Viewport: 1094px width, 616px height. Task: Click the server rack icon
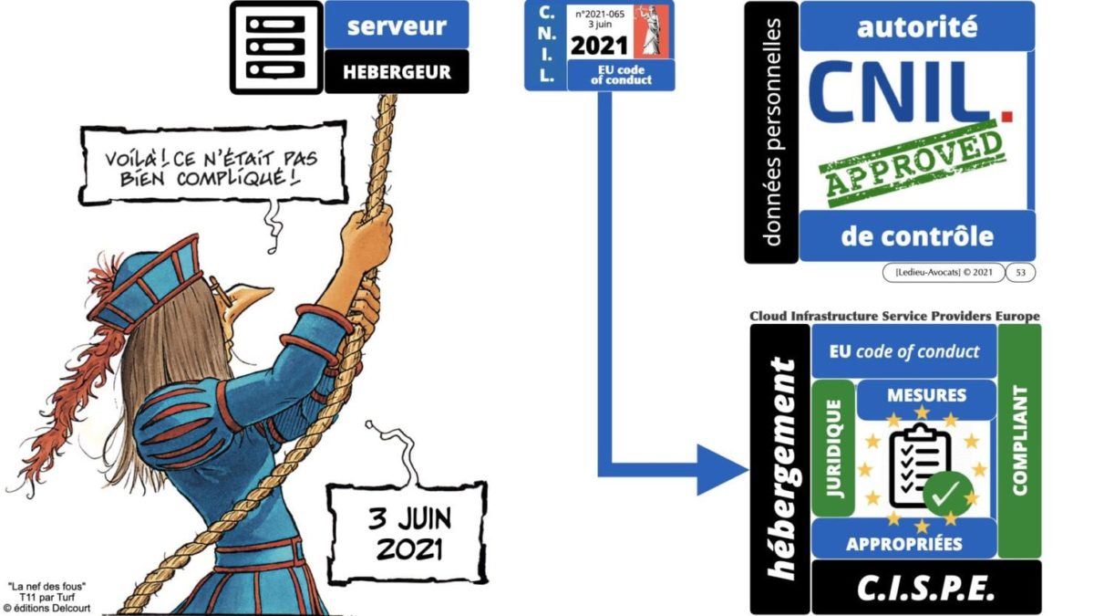(x=276, y=47)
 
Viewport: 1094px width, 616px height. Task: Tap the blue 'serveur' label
(x=397, y=25)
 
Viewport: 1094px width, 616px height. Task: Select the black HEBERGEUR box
(x=397, y=71)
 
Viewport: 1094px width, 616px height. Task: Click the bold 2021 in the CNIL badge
(x=599, y=46)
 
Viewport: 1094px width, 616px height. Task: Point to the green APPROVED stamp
(x=912, y=163)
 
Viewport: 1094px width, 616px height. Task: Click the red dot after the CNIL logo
(x=1006, y=116)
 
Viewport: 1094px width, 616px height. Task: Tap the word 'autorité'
(x=917, y=26)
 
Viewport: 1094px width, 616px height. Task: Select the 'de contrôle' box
(x=917, y=236)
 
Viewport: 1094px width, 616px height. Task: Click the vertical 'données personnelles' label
(x=771, y=132)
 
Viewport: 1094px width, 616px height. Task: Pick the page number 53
(x=1020, y=272)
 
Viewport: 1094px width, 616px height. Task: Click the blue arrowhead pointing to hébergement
(x=722, y=470)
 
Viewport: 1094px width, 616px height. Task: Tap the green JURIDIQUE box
(x=833, y=448)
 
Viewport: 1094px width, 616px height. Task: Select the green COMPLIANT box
(x=1019, y=441)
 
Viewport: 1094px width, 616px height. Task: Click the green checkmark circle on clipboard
(x=947, y=494)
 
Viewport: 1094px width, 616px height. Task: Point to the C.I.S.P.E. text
(x=926, y=588)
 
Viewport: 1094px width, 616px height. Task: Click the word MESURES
(x=926, y=395)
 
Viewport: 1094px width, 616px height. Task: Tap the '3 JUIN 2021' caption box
(x=408, y=533)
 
